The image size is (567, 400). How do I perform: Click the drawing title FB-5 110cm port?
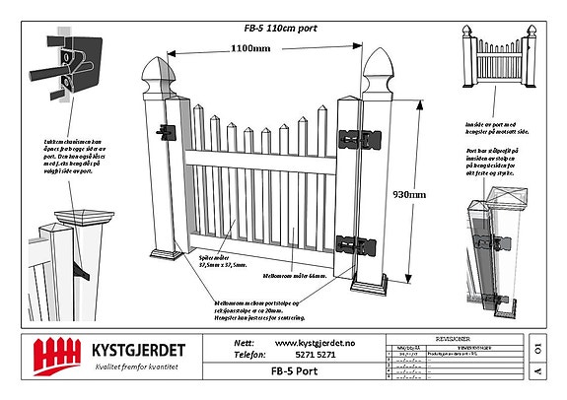click(282, 29)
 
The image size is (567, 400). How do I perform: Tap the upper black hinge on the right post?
click(353, 140)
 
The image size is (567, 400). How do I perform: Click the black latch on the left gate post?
click(167, 131)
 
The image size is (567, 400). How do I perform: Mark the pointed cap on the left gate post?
click(160, 75)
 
